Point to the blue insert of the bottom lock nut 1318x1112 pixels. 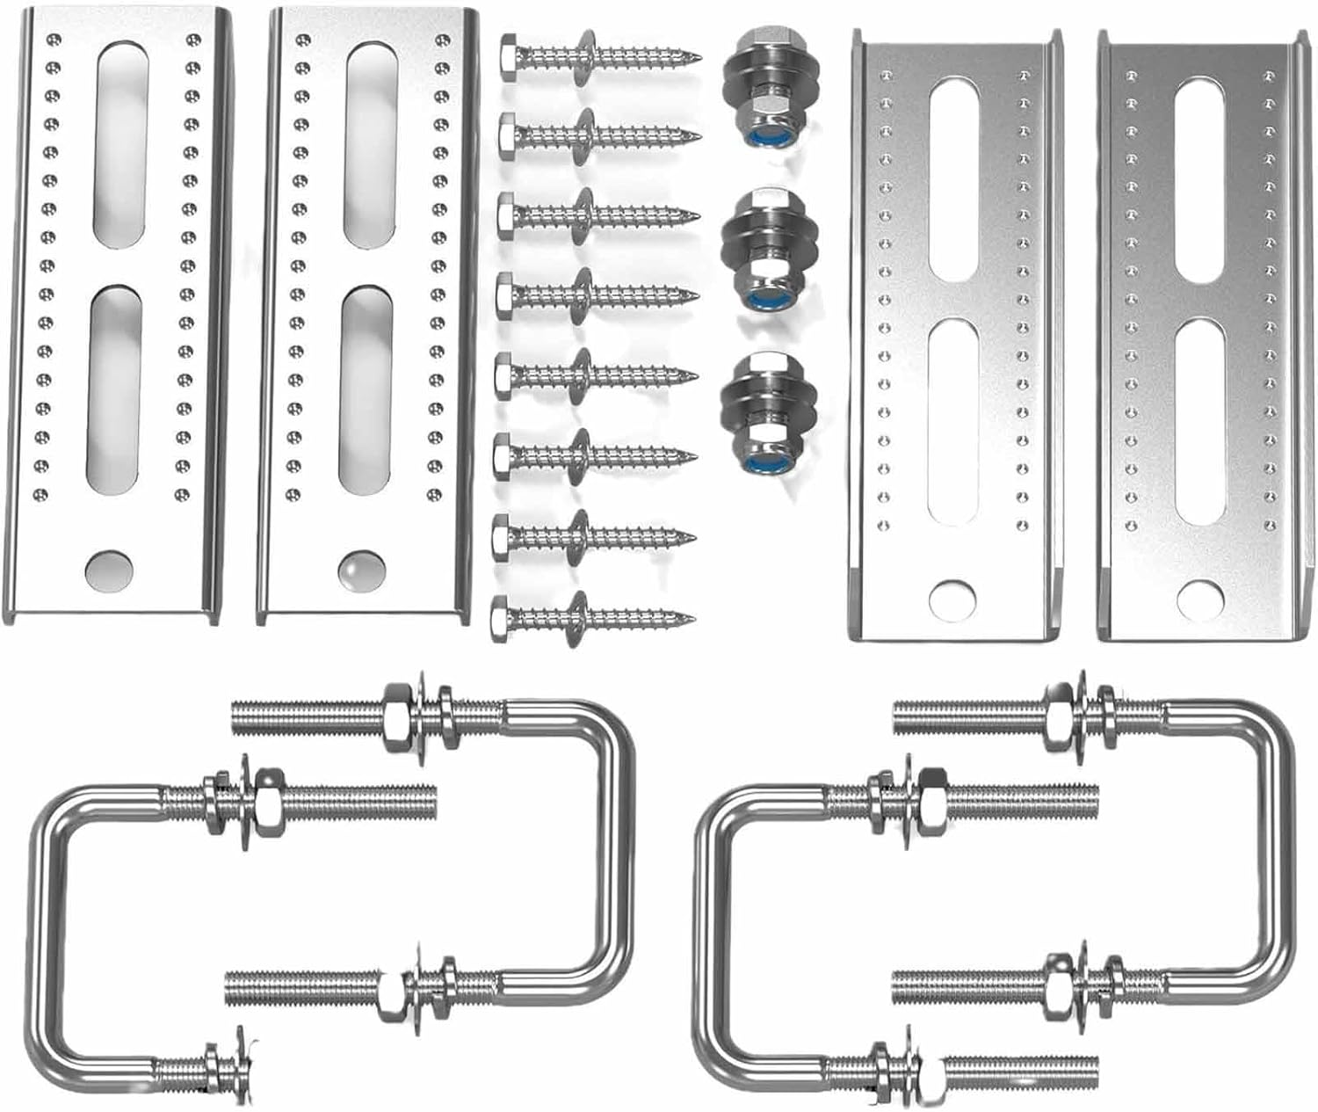757,459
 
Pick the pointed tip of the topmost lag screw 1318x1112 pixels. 699,57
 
